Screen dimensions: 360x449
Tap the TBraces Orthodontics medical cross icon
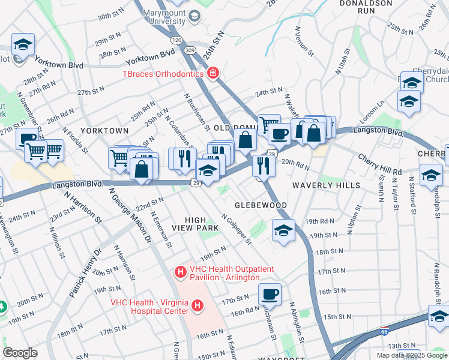[212, 74]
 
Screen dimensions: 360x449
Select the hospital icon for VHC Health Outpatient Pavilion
[180, 272]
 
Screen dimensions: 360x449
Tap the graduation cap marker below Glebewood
[283, 230]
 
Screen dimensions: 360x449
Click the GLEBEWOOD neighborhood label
[261, 205]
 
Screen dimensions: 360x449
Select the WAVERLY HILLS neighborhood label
[327, 185]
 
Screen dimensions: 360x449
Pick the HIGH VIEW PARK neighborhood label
[202, 224]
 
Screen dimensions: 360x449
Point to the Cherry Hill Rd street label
[380, 165]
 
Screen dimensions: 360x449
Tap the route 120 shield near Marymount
[176, 40]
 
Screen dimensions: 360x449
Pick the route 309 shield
[190, 49]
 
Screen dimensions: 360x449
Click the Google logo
[20, 353]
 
